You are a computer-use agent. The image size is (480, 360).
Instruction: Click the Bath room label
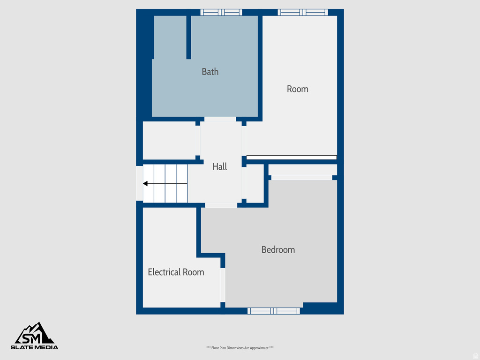pyautogui.click(x=210, y=72)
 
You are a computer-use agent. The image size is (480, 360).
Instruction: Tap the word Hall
pyautogui.click(x=219, y=166)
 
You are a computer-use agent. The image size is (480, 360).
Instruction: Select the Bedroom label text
pyautogui.click(x=278, y=250)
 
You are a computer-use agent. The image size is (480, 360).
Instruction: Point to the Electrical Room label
pyautogui.click(x=176, y=272)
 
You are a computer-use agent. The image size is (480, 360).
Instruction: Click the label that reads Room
pyautogui.click(x=298, y=89)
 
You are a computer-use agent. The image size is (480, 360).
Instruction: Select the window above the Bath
pyautogui.click(x=221, y=12)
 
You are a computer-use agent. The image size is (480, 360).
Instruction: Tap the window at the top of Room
pyautogui.click(x=302, y=12)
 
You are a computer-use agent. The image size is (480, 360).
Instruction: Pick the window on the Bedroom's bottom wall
pyautogui.click(x=274, y=311)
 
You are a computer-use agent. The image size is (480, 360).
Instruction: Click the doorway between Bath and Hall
pyautogui.click(x=220, y=119)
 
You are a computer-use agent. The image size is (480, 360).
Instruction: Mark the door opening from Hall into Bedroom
pyautogui.click(x=221, y=205)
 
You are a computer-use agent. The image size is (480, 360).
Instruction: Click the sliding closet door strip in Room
pyautogui.click(x=292, y=157)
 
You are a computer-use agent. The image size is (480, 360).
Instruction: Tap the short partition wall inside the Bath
pyautogui.click(x=188, y=37)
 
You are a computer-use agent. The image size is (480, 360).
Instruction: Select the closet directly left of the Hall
pyautogui.click(x=169, y=140)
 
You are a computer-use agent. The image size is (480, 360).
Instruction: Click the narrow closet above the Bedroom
pyautogui.click(x=302, y=169)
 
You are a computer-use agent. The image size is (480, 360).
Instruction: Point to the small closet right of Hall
pyautogui.click(x=255, y=183)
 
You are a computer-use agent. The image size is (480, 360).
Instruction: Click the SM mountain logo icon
pyautogui.click(x=35, y=333)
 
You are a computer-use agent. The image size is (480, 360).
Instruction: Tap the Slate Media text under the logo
pyautogui.click(x=35, y=347)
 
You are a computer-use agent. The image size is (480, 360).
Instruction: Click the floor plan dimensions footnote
pyautogui.click(x=240, y=348)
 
